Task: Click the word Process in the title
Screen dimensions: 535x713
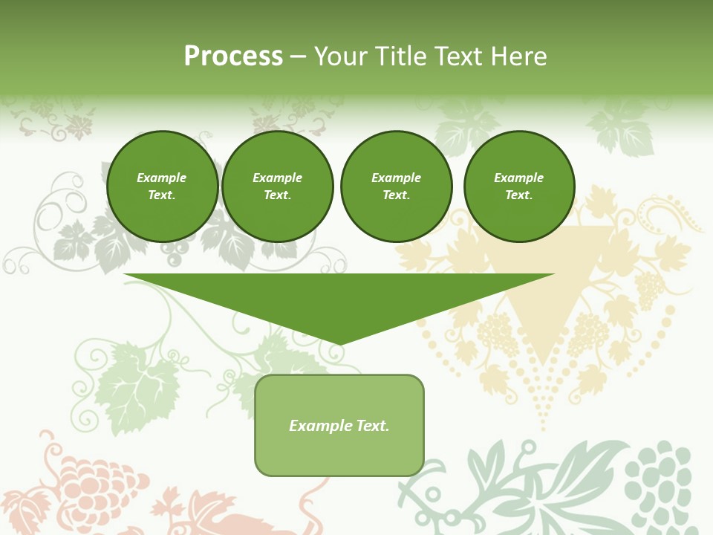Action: pyautogui.click(x=233, y=56)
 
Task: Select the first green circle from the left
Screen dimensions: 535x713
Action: pyautogui.click(x=162, y=187)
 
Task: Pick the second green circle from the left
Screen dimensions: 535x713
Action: pyautogui.click(x=278, y=187)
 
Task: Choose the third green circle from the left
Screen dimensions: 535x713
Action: pyautogui.click(x=396, y=187)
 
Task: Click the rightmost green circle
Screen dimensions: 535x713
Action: pyautogui.click(x=519, y=187)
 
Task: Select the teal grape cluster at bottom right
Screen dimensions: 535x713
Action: pyautogui.click(x=660, y=483)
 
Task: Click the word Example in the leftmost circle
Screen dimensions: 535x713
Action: pyautogui.click(x=162, y=178)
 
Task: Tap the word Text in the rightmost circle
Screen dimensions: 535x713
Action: pyautogui.click(x=519, y=195)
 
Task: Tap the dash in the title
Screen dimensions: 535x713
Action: pyautogui.click(x=298, y=57)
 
